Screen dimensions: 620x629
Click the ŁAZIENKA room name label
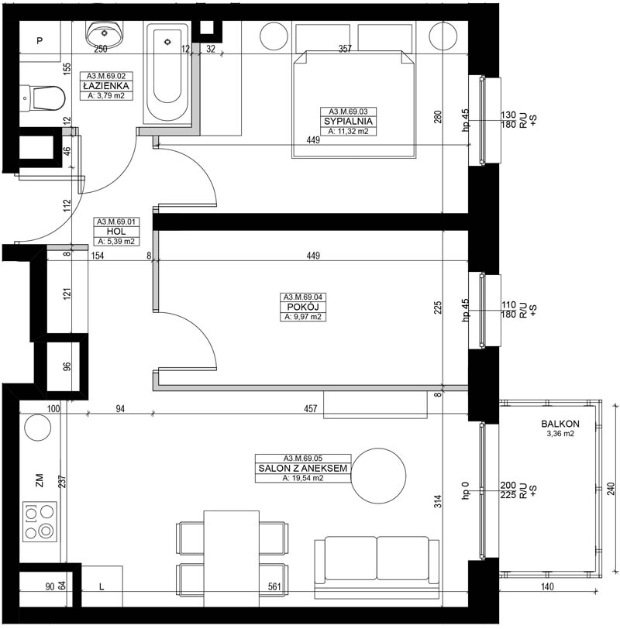click(x=106, y=86)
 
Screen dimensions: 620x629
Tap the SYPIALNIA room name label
click(x=348, y=121)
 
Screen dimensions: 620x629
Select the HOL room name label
click(x=116, y=232)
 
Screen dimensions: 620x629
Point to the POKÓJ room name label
click(x=303, y=308)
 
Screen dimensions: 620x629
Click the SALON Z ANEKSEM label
click(x=303, y=468)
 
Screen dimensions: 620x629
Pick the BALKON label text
click(x=560, y=424)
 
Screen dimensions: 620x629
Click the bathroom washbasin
click(x=105, y=35)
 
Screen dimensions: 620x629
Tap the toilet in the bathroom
click(x=43, y=98)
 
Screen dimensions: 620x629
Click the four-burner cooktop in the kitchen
click(x=40, y=522)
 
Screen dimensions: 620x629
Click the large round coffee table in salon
click(x=378, y=476)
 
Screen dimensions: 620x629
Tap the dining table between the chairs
click(x=231, y=559)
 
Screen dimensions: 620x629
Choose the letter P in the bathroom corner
click(x=40, y=40)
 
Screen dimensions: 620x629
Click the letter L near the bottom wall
click(x=102, y=587)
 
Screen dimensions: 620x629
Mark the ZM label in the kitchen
click(x=40, y=479)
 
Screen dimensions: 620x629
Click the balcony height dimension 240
click(x=611, y=488)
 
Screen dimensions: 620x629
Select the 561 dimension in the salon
click(x=274, y=586)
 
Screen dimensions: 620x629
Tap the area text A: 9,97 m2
click(x=303, y=317)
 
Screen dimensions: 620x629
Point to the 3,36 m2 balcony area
click(x=560, y=434)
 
